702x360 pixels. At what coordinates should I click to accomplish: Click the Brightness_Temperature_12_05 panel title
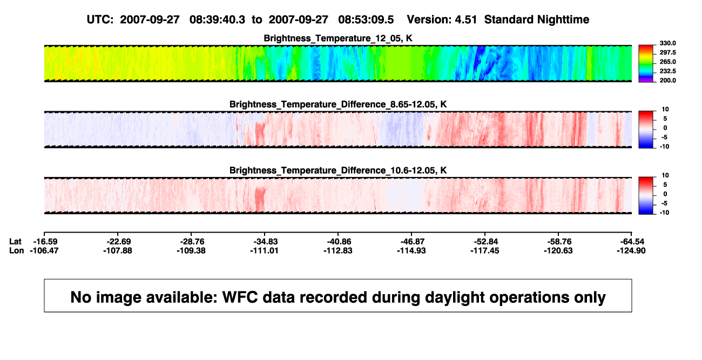click(x=338, y=38)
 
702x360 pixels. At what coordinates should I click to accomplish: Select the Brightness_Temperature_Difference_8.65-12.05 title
click(x=338, y=104)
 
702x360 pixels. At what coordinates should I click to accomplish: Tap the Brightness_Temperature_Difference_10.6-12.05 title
click(x=338, y=171)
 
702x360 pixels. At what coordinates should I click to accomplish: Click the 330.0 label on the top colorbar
click(x=667, y=43)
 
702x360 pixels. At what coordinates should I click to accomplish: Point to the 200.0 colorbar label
click(x=667, y=80)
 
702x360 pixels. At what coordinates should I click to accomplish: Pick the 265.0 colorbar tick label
click(x=667, y=62)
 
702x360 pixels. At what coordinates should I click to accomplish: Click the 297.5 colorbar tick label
click(x=667, y=53)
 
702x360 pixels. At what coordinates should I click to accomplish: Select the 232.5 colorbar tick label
click(x=667, y=71)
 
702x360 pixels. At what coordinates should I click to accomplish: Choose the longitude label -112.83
click(x=338, y=250)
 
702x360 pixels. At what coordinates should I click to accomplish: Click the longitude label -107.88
click(x=118, y=250)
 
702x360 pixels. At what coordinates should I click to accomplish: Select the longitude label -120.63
click(x=558, y=250)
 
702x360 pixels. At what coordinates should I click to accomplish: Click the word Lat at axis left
click(x=15, y=242)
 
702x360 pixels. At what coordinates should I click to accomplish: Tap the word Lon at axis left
click(x=16, y=250)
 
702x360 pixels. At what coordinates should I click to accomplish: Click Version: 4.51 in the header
click(x=442, y=20)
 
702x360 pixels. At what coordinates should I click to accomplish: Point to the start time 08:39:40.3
click(x=217, y=20)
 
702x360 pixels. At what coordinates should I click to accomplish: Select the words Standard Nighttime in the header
click(x=537, y=20)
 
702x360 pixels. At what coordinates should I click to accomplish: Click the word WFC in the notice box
click(x=240, y=297)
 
